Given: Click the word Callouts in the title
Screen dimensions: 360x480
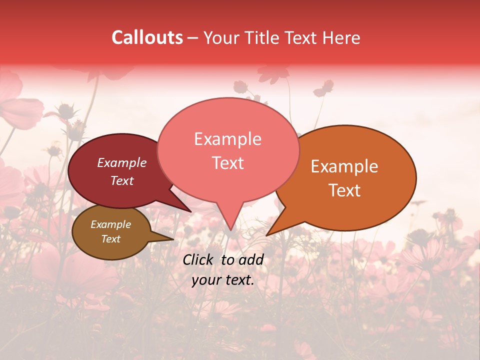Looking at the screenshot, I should click(147, 38).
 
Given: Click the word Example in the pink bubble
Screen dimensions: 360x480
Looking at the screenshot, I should click(228, 139).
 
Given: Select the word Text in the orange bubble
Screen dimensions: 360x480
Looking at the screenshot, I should click(345, 190).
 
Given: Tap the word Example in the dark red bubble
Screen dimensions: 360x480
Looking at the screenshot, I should click(122, 162).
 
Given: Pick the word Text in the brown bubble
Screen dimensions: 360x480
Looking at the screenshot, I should click(111, 239).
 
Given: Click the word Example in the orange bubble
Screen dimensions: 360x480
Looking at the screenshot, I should click(345, 166).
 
